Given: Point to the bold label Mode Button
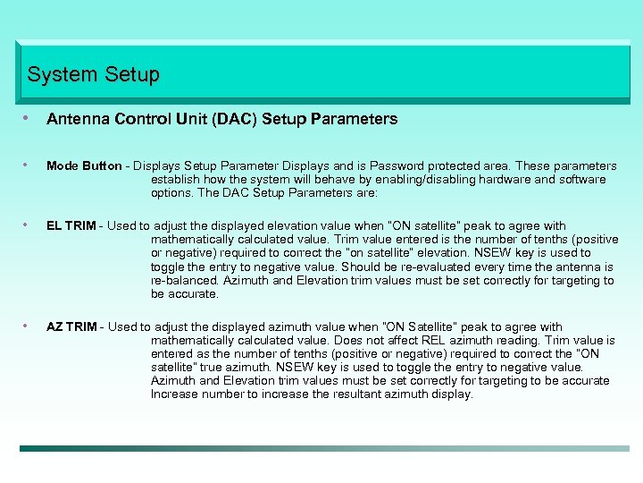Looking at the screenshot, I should pyautogui.click(x=84, y=166).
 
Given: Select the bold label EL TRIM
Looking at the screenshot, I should pyautogui.click(x=71, y=226).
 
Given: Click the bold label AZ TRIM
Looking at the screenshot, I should pyautogui.click(x=71, y=327).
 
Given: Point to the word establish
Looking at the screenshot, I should pyautogui.click(x=175, y=180).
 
